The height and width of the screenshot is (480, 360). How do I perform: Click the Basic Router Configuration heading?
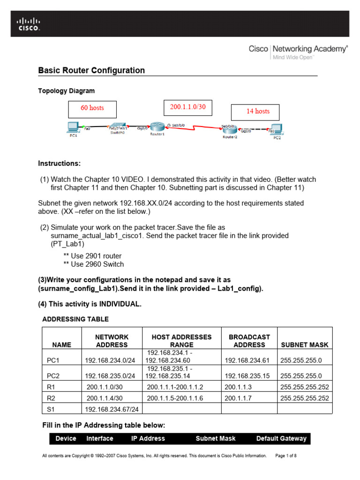(91, 70)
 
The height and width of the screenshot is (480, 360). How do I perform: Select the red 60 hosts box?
(92, 108)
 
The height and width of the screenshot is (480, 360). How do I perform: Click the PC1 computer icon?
(73, 127)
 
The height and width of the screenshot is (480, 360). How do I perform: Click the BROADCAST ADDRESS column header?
(249, 341)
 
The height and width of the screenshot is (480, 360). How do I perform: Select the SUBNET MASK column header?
(304, 345)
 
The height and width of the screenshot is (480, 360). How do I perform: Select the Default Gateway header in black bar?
(281, 438)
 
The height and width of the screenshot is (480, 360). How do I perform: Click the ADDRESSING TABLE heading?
(75, 319)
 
